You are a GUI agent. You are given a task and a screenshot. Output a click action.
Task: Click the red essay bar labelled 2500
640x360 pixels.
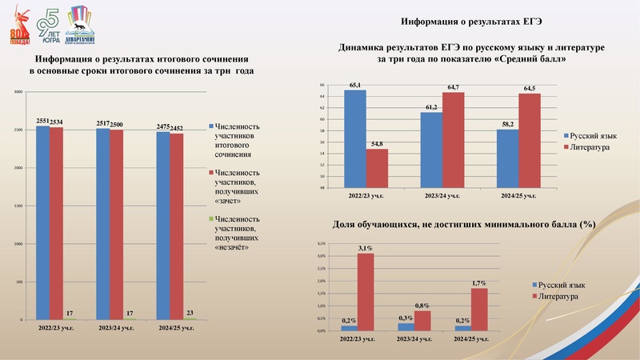point(116,224)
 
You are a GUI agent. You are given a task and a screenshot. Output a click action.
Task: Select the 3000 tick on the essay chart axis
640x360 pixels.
point(18,92)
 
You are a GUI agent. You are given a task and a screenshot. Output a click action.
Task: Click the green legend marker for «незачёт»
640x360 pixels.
point(210,218)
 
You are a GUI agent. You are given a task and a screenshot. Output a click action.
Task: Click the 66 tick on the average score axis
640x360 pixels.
point(322,85)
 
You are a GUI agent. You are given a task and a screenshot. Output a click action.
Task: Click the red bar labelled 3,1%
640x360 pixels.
point(366,291)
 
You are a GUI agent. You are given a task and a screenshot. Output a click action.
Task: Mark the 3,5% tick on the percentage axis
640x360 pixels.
point(321,243)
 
